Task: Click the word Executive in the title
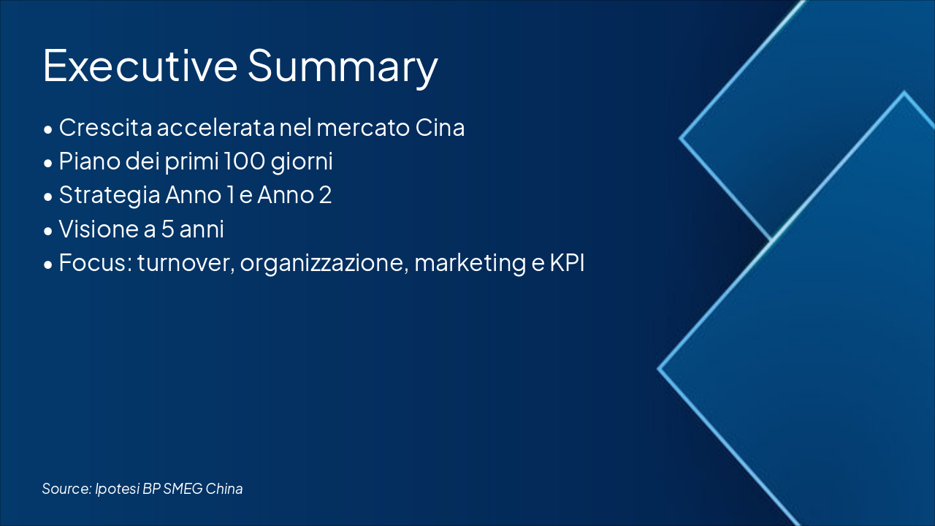point(140,66)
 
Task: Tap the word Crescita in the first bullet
point(106,127)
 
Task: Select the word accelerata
point(215,127)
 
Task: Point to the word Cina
point(440,127)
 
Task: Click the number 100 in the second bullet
point(244,161)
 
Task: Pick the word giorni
point(302,162)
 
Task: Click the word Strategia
point(110,196)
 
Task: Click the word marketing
point(470,264)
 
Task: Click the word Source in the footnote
point(66,489)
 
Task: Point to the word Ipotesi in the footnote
point(118,489)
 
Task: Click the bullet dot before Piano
point(48,163)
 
